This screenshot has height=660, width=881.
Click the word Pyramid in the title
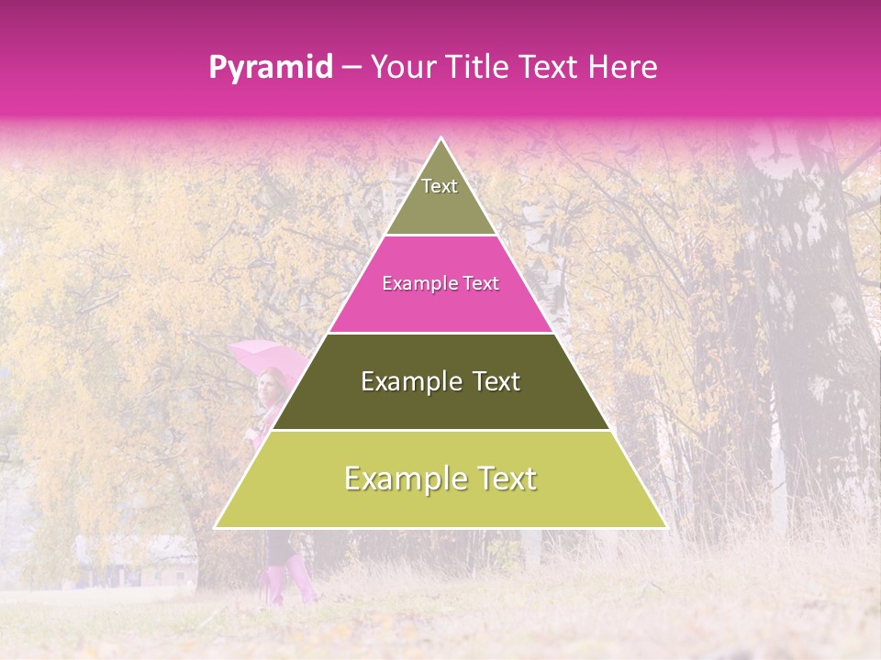(271, 68)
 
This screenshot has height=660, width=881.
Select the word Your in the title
(400, 67)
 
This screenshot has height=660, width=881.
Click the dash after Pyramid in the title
(351, 68)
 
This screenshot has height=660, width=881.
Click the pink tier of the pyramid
(440, 293)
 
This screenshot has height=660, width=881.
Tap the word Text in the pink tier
(480, 284)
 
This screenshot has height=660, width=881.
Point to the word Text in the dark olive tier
(496, 381)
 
